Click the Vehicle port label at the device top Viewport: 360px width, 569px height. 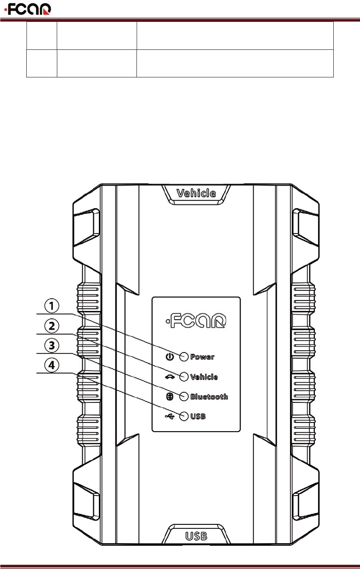[x=196, y=193]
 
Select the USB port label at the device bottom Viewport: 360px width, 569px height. [x=196, y=535]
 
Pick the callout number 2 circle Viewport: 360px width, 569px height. [x=52, y=326]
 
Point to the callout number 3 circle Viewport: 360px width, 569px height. [x=52, y=346]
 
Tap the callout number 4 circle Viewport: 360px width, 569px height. [x=52, y=365]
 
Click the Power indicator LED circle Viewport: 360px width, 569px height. [x=184, y=356]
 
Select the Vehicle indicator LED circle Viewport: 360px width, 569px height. [x=184, y=376]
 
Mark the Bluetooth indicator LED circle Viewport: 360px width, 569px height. [x=184, y=396]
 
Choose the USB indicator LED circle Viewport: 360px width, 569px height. [x=184, y=416]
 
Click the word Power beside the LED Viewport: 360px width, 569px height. [x=202, y=357]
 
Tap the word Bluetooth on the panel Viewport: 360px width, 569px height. [x=209, y=397]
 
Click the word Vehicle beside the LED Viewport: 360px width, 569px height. [x=204, y=377]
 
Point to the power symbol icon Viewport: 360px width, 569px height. [x=170, y=356]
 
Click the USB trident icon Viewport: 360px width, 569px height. [x=169, y=416]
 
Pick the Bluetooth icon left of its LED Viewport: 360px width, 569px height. [x=170, y=396]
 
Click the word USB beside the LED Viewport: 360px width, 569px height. [x=198, y=417]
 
